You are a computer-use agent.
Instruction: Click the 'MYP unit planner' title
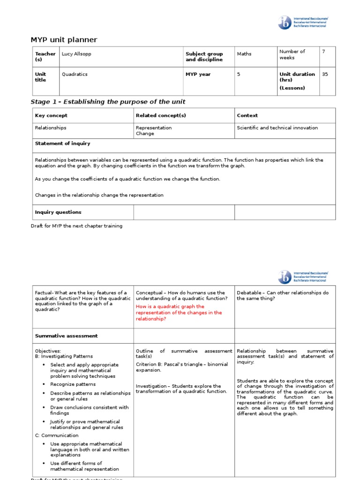coord(64,40)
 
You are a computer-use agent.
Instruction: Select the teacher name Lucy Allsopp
coord(76,54)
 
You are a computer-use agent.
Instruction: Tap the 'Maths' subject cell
coord(244,54)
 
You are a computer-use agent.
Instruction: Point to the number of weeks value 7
coord(323,52)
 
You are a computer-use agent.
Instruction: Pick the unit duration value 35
coord(325,74)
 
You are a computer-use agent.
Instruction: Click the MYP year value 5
coord(239,74)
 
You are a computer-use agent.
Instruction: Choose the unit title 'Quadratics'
coord(75,74)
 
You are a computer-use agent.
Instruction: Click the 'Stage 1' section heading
coord(108,102)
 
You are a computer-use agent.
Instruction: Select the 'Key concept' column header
coord(51,115)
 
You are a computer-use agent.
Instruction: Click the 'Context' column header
coord(247,115)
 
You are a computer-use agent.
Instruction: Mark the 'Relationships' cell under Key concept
coord(51,127)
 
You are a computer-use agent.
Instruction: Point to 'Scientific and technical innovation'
coord(277,127)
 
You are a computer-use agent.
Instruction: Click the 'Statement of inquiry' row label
coord(63,143)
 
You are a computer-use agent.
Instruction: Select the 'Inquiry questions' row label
coord(58,212)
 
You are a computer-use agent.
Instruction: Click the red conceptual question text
coord(179,313)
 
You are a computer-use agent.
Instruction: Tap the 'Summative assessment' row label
coord(66,336)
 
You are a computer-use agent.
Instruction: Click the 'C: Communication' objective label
coord(57,435)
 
